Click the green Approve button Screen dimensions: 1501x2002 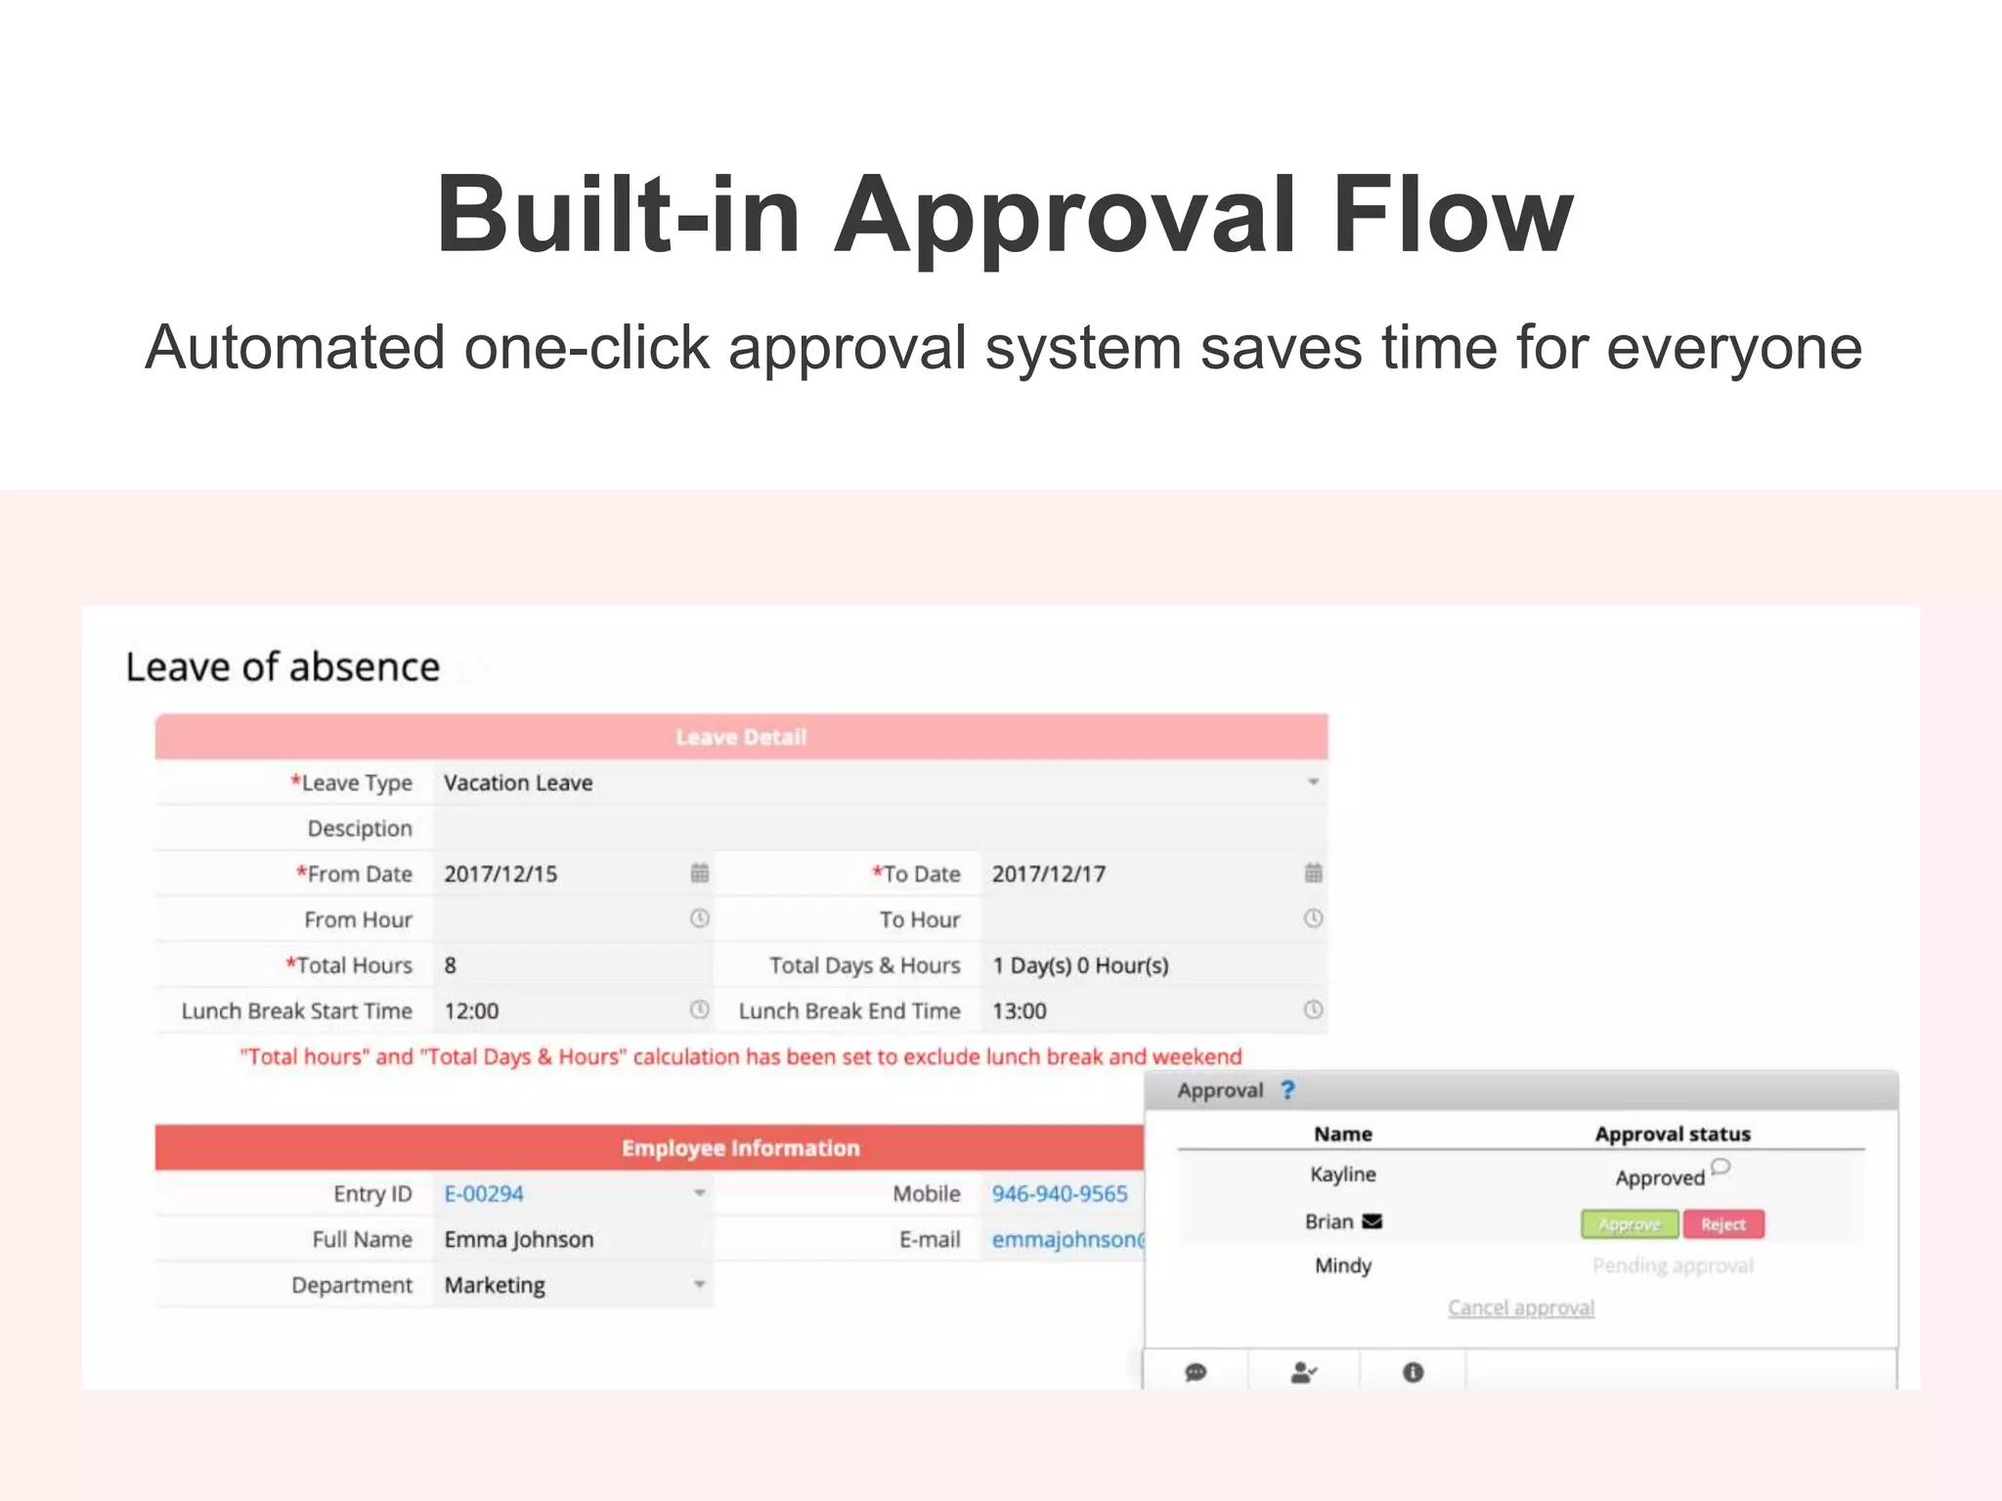point(1629,1223)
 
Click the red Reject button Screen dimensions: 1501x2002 point(1722,1223)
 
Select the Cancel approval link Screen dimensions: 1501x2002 point(1520,1308)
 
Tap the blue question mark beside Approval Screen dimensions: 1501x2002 point(1287,1091)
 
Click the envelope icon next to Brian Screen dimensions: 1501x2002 point(1372,1222)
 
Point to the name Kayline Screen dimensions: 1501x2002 point(1342,1174)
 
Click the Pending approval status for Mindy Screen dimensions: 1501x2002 point(1673,1265)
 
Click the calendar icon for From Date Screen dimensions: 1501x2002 point(700,873)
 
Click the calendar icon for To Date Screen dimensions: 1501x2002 point(1313,873)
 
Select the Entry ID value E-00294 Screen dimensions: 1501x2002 point(484,1193)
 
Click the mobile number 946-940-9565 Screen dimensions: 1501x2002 point(1060,1193)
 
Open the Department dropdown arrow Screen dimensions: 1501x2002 point(699,1284)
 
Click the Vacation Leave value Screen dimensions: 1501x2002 point(518,783)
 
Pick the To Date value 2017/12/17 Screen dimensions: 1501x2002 point(1048,874)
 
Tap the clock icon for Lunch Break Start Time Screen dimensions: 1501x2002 point(700,1009)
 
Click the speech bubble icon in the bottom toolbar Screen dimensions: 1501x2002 point(1196,1373)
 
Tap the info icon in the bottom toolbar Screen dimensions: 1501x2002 point(1413,1373)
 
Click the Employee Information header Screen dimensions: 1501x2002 point(741,1148)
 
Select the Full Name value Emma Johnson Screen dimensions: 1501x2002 point(519,1239)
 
